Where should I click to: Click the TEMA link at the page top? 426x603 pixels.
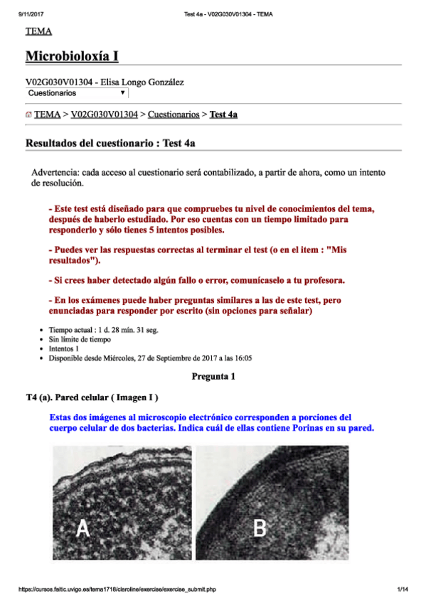tap(38, 31)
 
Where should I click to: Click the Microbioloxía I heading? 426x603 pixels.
tap(72, 55)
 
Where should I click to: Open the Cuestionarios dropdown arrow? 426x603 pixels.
tap(122, 93)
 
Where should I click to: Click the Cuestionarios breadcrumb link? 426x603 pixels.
tap(173, 114)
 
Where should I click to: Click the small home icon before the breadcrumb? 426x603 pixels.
tap(28, 114)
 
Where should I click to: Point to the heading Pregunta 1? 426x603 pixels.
tap(213, 376)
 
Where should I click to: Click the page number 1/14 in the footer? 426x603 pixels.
tap(403, 589)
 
